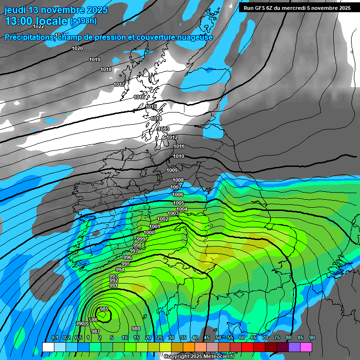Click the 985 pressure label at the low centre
point(104,309)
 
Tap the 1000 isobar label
point(149,232)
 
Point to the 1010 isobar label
point(179,156)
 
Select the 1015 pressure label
point(151,107)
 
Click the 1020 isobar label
point(77,48)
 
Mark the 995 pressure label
point(125,264)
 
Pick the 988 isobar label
point(136,329)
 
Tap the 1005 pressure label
point(179,203)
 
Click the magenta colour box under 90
point(306,347)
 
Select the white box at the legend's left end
point(48,347)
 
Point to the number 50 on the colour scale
point(218,338)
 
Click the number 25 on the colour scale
point(160,338)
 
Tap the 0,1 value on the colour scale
point(54,338)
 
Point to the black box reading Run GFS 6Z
point(297,8)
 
